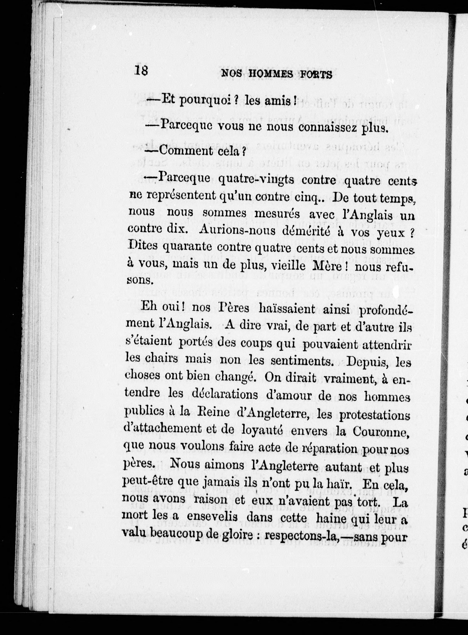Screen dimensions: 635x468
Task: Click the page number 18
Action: [x=141, y=70]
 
